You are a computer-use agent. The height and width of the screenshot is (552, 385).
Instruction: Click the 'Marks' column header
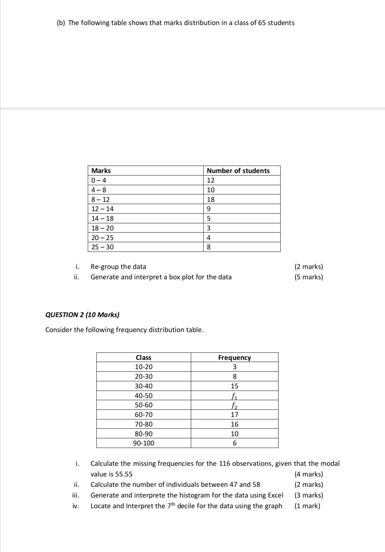101,171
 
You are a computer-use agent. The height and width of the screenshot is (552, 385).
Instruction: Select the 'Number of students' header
238,171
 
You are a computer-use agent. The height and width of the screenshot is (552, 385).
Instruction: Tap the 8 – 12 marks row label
101,200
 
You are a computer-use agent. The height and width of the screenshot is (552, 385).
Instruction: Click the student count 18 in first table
211,200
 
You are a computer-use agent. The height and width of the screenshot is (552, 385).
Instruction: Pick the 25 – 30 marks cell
103,247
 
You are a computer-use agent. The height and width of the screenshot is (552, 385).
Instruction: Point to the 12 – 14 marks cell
103,209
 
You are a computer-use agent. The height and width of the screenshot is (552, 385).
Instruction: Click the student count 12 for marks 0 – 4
211,180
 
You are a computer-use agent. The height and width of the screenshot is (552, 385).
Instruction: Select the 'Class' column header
143,358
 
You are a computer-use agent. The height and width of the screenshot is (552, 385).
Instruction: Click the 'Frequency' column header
234,358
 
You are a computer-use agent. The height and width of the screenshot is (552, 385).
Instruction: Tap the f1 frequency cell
234,396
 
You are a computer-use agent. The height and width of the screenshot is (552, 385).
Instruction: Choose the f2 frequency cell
234,405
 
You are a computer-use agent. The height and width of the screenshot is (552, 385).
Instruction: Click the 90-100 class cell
143,443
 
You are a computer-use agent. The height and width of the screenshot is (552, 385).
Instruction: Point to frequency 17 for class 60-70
234,415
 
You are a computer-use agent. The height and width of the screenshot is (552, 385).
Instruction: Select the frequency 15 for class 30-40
234,386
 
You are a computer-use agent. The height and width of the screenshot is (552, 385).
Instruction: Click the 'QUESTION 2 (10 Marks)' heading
82,315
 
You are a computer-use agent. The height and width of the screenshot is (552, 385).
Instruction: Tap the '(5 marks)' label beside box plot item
308,277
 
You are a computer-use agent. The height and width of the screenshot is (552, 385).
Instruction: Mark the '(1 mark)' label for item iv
307,506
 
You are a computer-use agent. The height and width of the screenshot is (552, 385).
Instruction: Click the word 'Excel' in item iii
275,495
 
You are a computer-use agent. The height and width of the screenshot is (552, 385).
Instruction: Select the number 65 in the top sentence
262,23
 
